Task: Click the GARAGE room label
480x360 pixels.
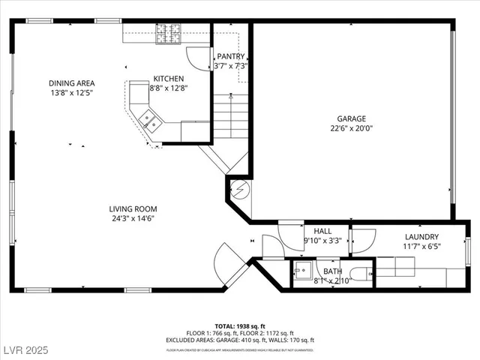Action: point(351,118)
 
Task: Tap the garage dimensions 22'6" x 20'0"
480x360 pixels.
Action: point(351,128)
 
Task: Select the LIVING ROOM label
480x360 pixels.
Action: point(133,209)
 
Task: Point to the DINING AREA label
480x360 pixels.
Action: point(72,83)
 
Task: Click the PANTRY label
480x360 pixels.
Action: point(231,56)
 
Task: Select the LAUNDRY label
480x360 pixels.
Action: point(423,236)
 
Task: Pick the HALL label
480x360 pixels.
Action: point(322,232)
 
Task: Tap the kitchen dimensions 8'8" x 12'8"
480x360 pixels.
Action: point(169,88)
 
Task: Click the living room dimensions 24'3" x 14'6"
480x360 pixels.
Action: point(133,219)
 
